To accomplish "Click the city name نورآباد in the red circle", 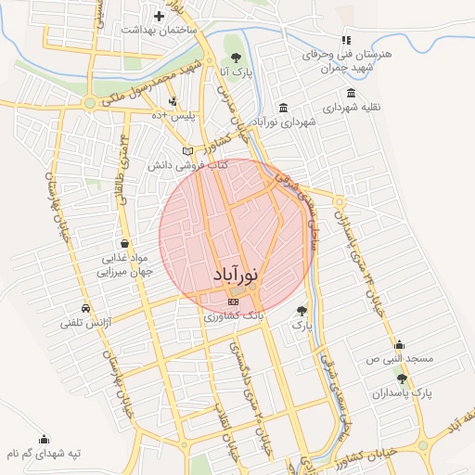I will [236, 276].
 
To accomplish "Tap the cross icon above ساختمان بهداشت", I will [160, 16].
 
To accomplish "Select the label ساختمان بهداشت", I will [160, 31].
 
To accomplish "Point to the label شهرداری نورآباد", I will [284, 122].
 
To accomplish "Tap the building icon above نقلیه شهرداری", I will [350, 93].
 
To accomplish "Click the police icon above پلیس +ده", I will [173, 101].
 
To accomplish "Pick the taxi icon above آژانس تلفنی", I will [85, 308].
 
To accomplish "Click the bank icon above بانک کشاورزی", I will [233, 301].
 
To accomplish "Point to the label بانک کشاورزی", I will [234, 316].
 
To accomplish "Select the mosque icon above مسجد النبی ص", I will [399, 343].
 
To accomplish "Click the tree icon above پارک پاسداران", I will [401, 379].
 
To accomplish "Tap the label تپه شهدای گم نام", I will [44, 454].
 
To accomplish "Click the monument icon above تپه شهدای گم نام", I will [44, 439].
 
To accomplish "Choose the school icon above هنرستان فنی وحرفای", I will [346, 40].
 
